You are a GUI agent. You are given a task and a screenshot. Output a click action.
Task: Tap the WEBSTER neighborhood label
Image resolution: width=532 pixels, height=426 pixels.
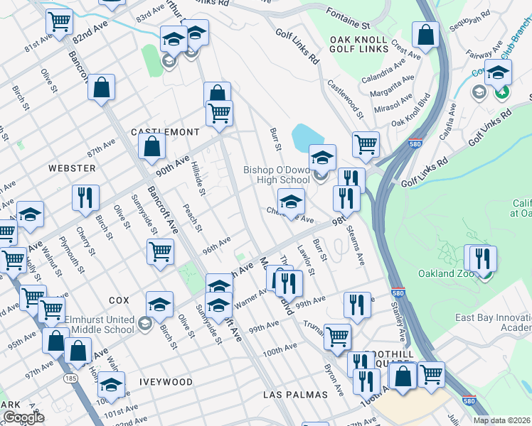tap(72, 168)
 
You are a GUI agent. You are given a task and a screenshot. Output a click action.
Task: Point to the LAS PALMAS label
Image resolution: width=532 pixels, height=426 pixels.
tap(295, 394)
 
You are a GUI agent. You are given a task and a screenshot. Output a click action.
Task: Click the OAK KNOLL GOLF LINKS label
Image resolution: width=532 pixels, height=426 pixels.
tap(358, 44)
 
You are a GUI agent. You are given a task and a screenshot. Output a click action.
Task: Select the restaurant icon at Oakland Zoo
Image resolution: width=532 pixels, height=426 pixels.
tap(484, 258)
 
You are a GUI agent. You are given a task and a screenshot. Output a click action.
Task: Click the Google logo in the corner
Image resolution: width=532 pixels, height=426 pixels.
tap(23, 418)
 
